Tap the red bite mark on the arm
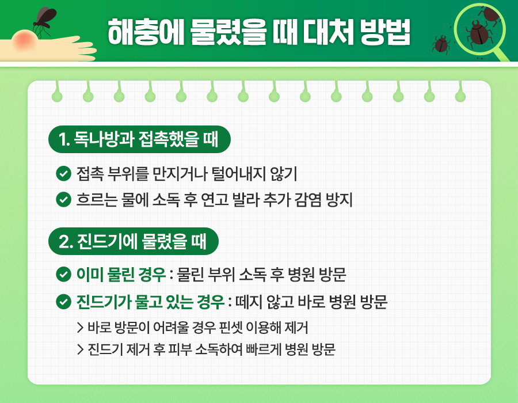pyautogui.click(x=26, y=40)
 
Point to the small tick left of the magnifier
pyautogui.click(x=441, y=43)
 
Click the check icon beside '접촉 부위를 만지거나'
pyautogui.click(x=63, y=173)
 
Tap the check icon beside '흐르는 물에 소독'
pyautogui.click(x=63, y=200)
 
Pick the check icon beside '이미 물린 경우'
pyautogui.click(x=63, y=275)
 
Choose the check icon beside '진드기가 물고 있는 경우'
pyautogui.click(x=63, y=302)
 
